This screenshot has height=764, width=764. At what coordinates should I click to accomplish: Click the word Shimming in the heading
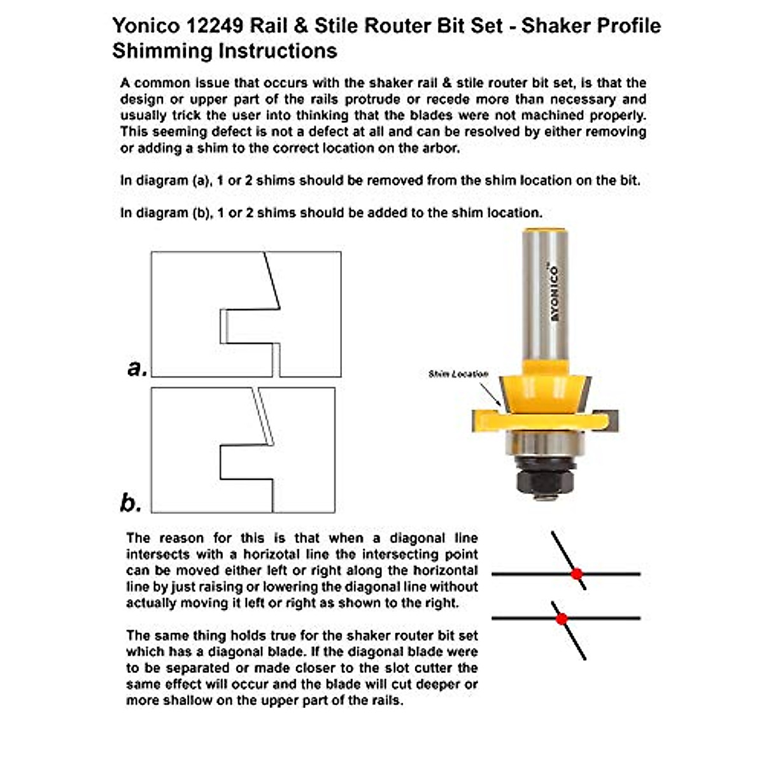[162, 51]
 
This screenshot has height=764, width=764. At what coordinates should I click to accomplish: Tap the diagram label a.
[136, 367]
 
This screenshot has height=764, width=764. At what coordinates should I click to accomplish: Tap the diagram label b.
[131, 503]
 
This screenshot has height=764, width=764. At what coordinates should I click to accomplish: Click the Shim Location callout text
[458, 374]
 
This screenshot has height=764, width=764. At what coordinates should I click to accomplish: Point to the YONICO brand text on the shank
[553, 293]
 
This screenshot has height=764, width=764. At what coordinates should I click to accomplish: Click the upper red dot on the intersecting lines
[577, 574]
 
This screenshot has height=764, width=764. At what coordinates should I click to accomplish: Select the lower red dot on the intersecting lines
[562, 618]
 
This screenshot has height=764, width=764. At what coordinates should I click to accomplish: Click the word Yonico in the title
[146, 26]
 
